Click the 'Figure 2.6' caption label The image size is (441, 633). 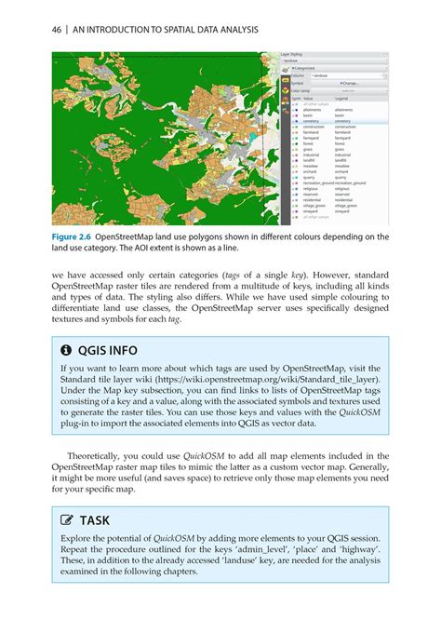tap(76, 236)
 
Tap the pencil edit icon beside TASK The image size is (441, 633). tap(66, 521)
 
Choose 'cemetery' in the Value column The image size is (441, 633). tap(313, 121)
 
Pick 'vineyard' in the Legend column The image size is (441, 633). tap(343, 210)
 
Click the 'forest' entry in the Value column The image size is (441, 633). tap(309, 143)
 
